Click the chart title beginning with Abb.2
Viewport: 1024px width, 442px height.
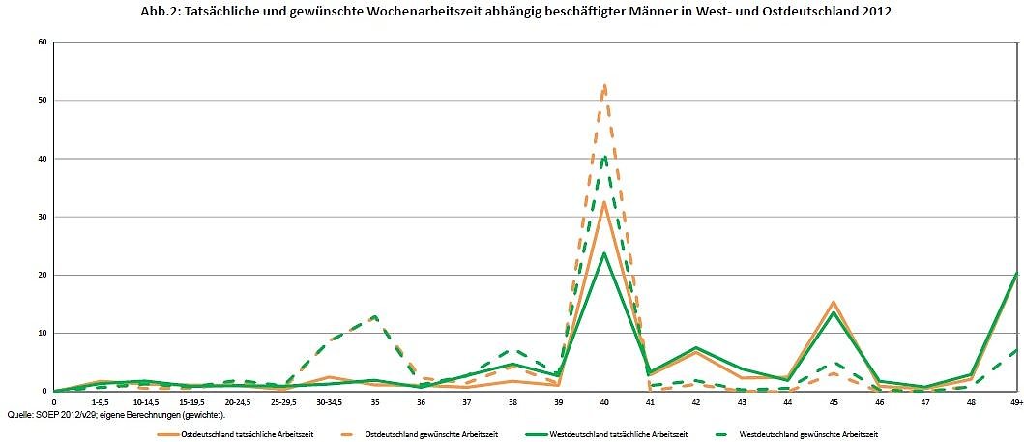tap(512, 11)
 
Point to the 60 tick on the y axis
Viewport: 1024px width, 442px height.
tap(43, 42)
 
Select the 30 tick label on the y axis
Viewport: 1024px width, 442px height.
tap(43, 217)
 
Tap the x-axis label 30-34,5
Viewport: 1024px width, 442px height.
tap(329, 401)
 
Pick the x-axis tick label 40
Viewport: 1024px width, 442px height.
tap(604, 401)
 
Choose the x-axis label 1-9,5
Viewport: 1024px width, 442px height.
tap(100, 401)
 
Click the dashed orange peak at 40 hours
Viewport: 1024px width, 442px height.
tap(604, 86)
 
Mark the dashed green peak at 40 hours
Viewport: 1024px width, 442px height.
tap(604, 157)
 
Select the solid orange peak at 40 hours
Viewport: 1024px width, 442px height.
tap(604, 202)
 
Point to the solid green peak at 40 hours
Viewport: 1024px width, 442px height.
tap(604, 253)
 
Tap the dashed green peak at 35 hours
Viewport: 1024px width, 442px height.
tap(374, 316)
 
